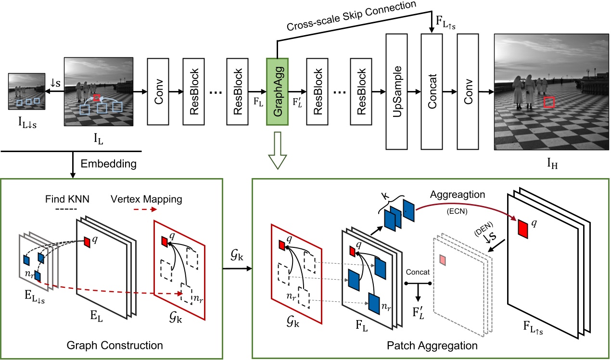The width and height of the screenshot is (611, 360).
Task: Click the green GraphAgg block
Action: pos(277,91)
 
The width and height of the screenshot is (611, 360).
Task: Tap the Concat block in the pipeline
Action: pos(432,91)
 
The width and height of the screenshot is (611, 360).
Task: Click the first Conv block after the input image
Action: pos(159,91)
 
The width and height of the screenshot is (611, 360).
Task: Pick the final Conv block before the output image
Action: pos(468,91)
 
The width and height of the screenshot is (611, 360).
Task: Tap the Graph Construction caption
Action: pos(115,345)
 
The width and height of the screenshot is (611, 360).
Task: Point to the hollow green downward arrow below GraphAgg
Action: pos(277,153)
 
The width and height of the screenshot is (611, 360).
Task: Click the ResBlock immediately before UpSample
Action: pos(363,91)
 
